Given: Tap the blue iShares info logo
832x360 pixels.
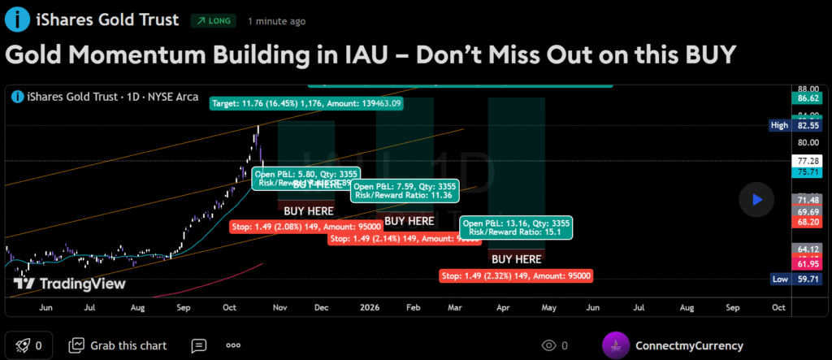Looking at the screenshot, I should pyautogui.click(x=15, y=20).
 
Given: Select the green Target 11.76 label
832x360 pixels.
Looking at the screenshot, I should pyautogui.click(x=306, y=103).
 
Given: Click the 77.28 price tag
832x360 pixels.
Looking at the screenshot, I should pyautogui.click(x=808, y=161).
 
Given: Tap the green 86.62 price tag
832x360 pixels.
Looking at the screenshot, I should pyautogui.click(x=808, y=98).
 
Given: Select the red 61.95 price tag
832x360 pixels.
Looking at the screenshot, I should pyautogui.click(x=808, y=264).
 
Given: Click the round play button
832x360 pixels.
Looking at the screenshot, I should pyautogui.click(x=757, y=199).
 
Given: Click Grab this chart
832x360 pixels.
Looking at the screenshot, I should pyautogui.click(x=119, y=345).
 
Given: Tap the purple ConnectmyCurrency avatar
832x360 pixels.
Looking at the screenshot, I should pyautogui.click(x=616, y=345).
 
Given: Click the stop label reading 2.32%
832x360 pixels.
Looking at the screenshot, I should pyautogui.click(x=516, y=275).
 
